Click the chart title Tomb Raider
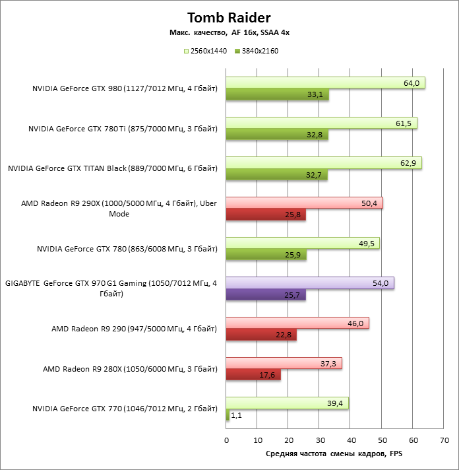click(x=229, y=17)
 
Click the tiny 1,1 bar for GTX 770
click(x=228, y=415)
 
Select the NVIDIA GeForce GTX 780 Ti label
click(x=123, y=129)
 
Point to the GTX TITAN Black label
click(x=112, y=169)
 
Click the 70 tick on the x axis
click(x=444, y=440)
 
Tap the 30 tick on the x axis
click(x=320, y=440)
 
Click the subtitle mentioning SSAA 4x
click(x=229, y=33)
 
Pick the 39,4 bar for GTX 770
click(x=287, y=403)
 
